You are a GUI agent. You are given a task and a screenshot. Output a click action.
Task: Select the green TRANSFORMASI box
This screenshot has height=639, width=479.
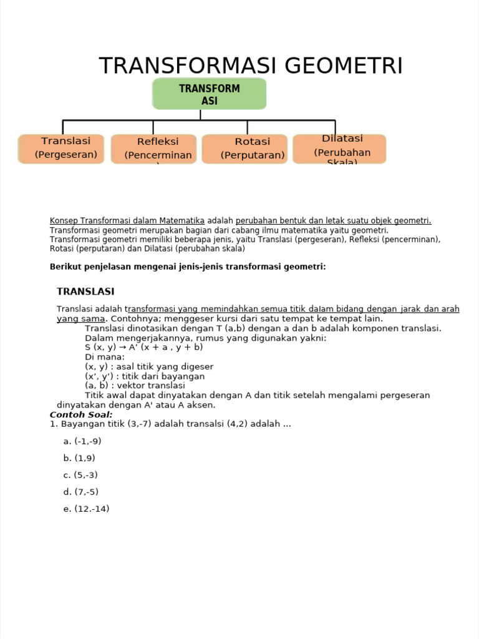(x=210, y=94)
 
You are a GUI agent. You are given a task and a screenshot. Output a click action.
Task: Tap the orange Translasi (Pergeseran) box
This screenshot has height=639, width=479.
(x=65, y=149)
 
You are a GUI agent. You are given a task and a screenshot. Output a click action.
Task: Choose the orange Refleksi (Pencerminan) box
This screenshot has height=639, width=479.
(x=153, y=149)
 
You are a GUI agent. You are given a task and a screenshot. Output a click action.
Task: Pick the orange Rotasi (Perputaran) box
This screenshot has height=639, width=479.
(x=244, y=149)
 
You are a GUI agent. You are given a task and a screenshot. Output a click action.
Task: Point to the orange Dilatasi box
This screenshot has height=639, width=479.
(x=339, y=149)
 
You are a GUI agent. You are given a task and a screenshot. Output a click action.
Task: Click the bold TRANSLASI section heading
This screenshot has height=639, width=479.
(x=85, y=291)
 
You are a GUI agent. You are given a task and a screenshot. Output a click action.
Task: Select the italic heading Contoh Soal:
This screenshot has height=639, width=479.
(x=81, y=414)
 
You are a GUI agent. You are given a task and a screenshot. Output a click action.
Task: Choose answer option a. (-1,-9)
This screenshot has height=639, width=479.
(x=82, y=441)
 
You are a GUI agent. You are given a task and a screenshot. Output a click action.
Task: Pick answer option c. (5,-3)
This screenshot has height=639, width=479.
(x=80, y=475)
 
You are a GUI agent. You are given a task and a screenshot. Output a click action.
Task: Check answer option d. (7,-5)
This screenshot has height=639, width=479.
(x=81, y=492)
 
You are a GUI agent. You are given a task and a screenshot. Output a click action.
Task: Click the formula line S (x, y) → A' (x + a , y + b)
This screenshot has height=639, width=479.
(x=144, y=347)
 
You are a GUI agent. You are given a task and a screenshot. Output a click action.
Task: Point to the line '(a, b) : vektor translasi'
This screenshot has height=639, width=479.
(x=130, y=386)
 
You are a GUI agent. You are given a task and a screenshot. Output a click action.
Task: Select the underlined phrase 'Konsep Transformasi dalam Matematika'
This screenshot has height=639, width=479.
(x=127, y=220)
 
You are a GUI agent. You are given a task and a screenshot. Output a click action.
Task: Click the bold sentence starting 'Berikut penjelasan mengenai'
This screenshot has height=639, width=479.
(x=187, y=266)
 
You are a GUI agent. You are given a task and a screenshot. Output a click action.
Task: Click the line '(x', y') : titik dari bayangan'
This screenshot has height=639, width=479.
(x=145, y=376)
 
